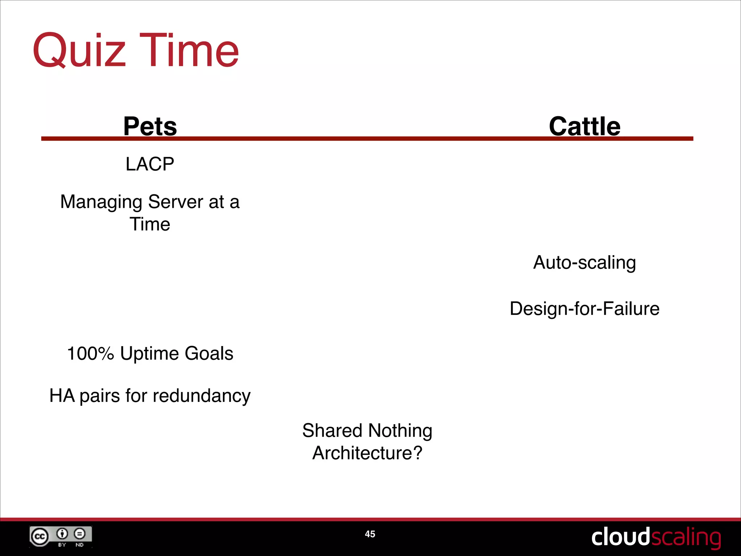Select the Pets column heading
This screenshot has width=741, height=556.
tap(150, 126)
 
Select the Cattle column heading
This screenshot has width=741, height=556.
tap(584, 126)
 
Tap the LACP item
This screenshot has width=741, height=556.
tap(150, 164)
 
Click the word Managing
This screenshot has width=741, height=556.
tap(101, 202)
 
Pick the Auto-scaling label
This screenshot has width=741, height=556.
tap(584, 262)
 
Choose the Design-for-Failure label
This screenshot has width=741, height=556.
tap(584, 309)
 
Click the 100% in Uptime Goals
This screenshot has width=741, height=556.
tap(90, 353)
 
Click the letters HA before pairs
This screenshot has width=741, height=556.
tap(62, 395)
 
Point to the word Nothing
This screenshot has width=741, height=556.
tap(400, 431)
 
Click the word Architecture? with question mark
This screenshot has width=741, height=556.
tap(367, 453)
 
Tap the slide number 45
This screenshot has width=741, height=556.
tap(370, 534)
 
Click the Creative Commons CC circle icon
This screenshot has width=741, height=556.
tap(39, 536)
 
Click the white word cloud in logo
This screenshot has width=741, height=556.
tap(620, 537)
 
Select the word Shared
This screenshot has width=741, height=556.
tap(332, 430)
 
